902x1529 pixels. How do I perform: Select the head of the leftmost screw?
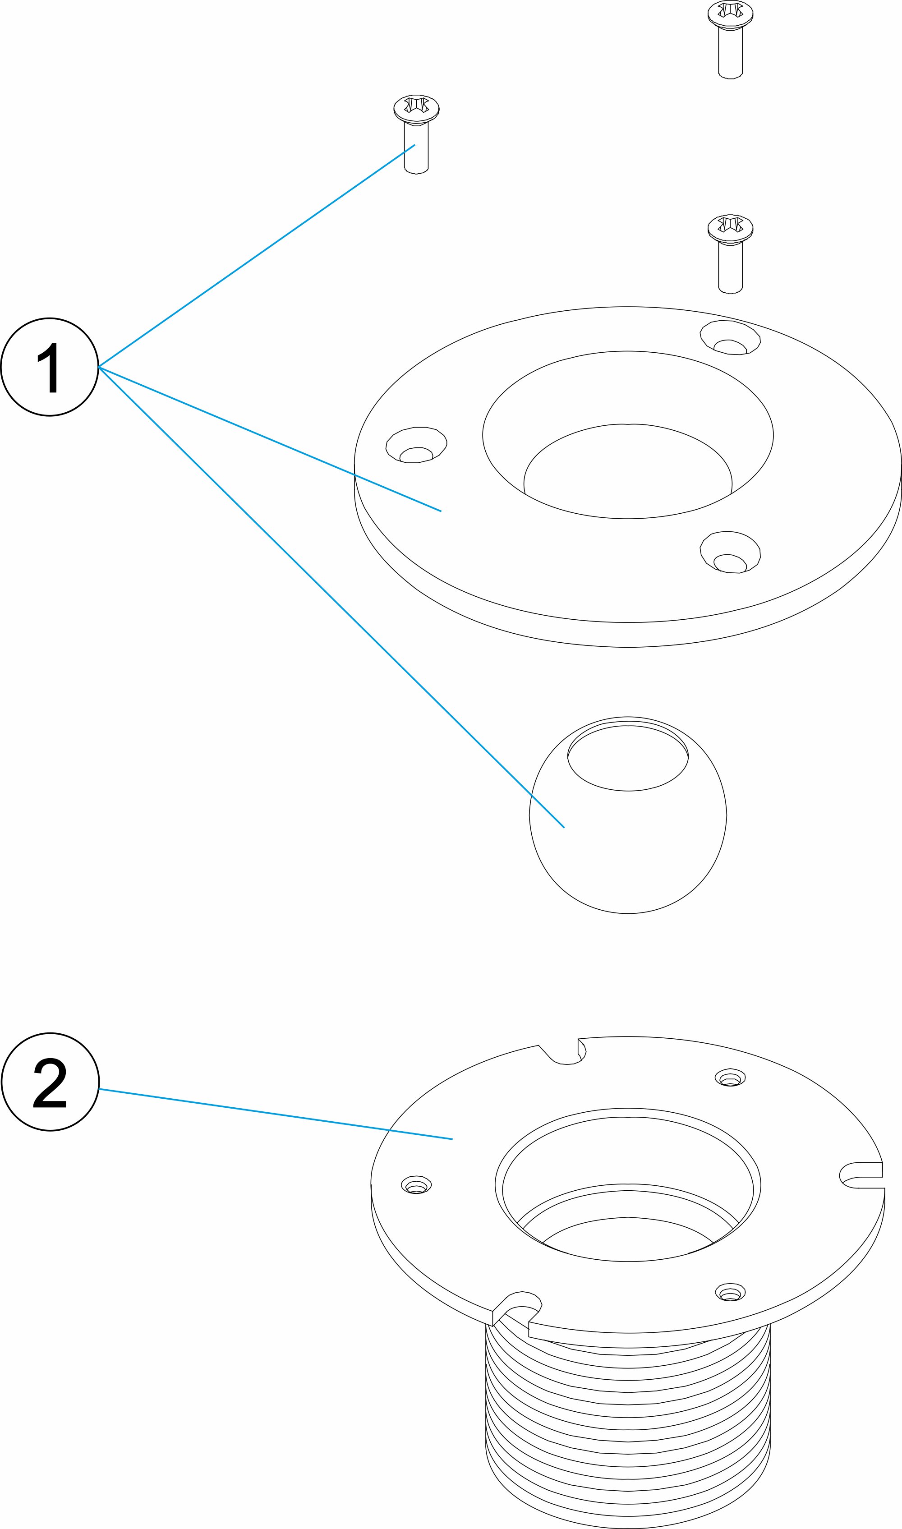416,108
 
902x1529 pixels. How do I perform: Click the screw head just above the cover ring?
730,227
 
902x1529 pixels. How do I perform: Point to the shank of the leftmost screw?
416,149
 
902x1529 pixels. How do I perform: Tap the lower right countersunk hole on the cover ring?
730,553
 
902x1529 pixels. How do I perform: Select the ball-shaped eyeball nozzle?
628,851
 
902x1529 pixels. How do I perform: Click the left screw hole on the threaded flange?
416,1184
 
